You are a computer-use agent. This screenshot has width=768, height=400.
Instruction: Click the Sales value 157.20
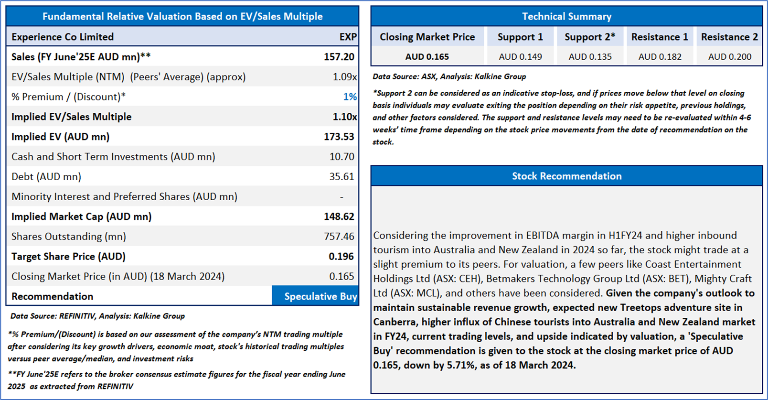pos(339,57)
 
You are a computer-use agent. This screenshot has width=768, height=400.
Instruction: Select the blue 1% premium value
pos(350,97)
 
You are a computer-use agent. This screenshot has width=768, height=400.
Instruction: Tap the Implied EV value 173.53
pos(339,137)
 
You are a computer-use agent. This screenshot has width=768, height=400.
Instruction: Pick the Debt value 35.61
pos(341,176)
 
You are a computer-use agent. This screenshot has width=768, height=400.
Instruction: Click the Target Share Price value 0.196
pos(341,256)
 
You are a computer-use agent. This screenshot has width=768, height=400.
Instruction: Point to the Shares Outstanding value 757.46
pos(339,236)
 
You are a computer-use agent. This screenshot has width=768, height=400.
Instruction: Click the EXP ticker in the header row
pos(348,37)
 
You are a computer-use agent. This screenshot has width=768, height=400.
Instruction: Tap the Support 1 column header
pos(520,37)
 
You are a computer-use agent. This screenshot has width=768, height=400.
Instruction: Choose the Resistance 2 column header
pos(729,37)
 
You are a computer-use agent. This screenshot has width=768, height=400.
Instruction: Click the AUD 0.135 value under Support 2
pos(590,57)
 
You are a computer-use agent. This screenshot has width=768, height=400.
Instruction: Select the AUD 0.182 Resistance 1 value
pos(660,57)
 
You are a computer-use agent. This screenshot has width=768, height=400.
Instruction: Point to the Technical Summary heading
pos(566,16)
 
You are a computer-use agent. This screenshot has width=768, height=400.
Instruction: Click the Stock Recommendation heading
pos(566,176)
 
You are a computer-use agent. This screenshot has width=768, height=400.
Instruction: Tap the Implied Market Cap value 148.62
pos(339,216)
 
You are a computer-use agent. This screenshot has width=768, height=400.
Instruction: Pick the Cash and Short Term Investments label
pos(113,157)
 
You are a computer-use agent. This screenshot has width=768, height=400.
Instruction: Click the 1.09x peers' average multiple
pos(344,77)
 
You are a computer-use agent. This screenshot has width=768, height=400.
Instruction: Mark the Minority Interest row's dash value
pos(341,196)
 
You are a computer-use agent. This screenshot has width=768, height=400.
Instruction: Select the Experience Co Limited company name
pos(63,37)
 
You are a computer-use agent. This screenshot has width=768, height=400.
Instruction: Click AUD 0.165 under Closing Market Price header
pos(427,57)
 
